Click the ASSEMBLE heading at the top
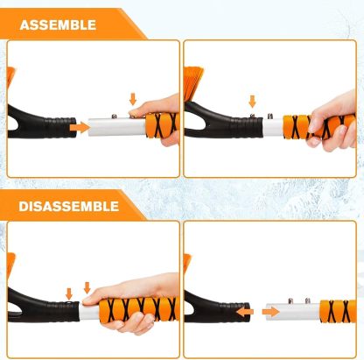tap(58, 25)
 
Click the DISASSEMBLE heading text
tap(69, 206)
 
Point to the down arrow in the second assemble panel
tap(252, 103)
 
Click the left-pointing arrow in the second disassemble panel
tap(247, 311)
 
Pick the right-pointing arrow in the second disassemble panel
tap(271, 311)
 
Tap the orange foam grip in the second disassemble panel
tap(336, 311)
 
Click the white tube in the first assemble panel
tap(118, 127)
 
